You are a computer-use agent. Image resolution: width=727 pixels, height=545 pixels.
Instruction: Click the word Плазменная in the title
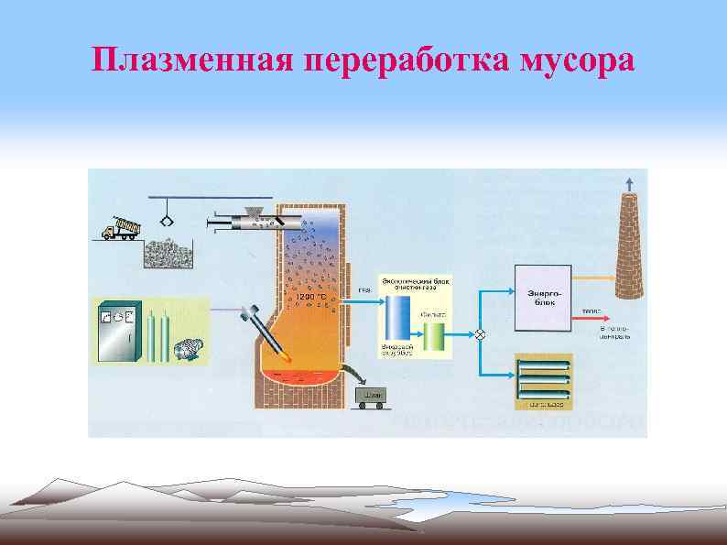195,60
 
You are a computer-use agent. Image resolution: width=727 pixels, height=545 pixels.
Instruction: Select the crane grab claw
168,221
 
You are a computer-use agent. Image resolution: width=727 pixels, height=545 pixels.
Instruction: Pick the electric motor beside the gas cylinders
190,348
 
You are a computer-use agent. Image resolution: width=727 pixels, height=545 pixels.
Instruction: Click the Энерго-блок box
544,298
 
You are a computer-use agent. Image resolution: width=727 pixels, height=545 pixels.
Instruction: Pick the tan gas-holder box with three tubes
544,380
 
